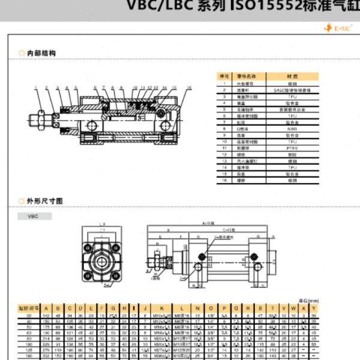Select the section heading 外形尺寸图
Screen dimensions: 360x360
(x=45, y=201)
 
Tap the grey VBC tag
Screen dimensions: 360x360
(x=32, y=216)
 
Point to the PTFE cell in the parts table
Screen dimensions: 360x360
(x=292, y=147)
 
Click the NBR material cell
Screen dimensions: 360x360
(x=292, y=128)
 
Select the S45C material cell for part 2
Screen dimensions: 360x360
(x=292, y=89)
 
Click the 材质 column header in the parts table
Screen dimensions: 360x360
(x=292, y=76)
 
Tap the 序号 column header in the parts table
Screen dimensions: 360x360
(x=224, y=76)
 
